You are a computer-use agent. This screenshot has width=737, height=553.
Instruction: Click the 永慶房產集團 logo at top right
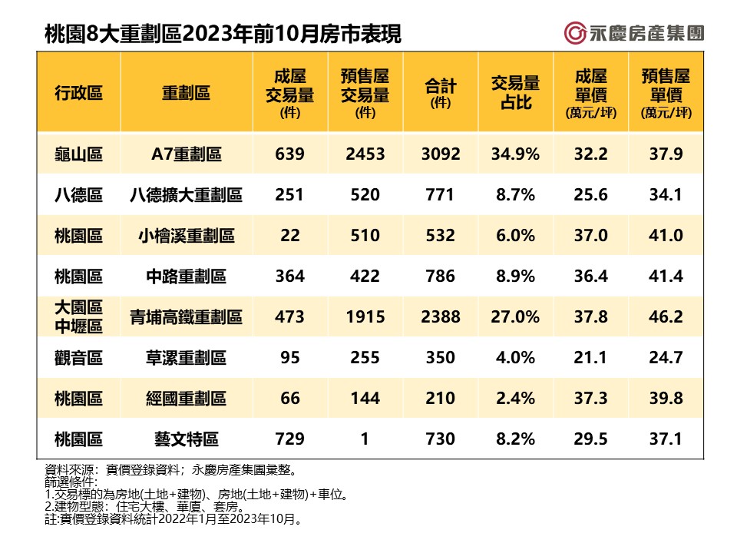(633, 33)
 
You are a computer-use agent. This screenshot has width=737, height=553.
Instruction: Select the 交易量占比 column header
(515, 92)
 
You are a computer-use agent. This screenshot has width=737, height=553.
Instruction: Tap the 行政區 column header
(78, 93)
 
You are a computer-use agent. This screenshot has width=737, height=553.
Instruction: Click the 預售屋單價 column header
(666, 93)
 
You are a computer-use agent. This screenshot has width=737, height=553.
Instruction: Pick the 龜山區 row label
(78, 154)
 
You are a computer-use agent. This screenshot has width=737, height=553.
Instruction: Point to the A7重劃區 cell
(186, 154)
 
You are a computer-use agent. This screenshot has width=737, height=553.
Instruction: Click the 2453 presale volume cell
(365, 154)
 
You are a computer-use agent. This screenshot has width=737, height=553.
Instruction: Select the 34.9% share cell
(515, 154)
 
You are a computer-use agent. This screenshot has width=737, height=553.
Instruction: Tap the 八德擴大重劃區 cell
(186, 195)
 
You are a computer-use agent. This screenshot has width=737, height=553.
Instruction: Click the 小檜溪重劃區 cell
(186, 236)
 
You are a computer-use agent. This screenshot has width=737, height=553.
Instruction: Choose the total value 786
(440, 276)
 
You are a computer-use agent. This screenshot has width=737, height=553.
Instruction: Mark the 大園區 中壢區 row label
(78, 316)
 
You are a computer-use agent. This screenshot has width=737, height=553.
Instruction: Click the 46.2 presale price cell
(666, 316)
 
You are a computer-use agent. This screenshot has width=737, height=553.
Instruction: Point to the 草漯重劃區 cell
(186, 357)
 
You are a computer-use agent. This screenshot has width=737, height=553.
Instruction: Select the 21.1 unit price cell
(590, 357)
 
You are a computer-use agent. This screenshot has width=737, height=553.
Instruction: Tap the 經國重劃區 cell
(186, 398)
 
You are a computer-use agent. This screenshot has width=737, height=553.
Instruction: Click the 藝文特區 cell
(186, 439)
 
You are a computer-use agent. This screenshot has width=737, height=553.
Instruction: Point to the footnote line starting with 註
(173, 520)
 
